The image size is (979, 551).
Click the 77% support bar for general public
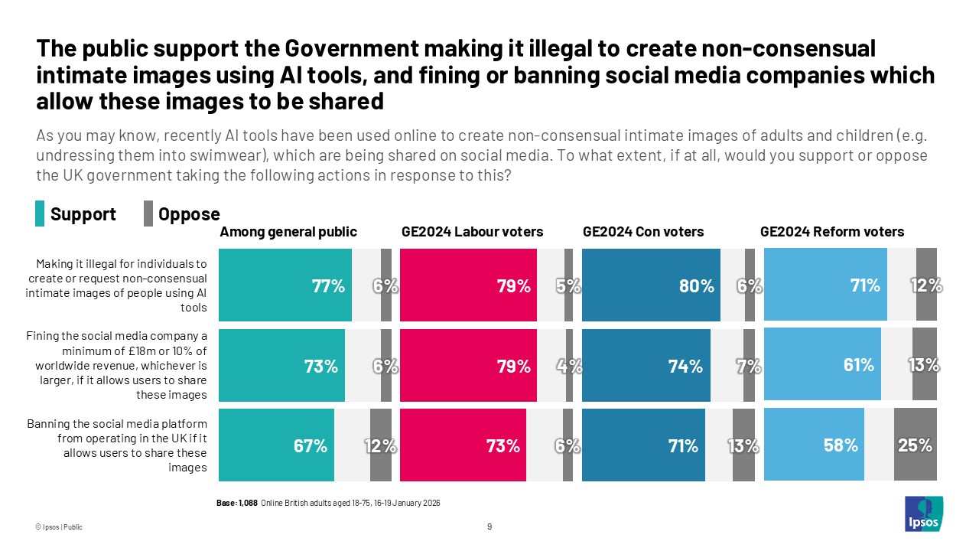click(285, 285)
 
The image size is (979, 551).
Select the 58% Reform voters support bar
click(814, 444)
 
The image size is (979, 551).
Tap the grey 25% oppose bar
click(916, 444)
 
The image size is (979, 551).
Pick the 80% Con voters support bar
click(651, 285)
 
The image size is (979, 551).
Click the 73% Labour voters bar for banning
click(463, 445)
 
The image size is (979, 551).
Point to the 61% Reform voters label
click(858, 365)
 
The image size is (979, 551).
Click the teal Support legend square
click(40, 214)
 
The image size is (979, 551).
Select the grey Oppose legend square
click(148, 214)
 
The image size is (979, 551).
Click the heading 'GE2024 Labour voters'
click(472, 232)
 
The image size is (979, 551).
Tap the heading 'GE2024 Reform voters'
click(831, 232)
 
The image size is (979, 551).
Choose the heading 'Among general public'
click(288, 232)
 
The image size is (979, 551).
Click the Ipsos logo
click(923, 514)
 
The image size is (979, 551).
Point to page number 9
click(489, 527)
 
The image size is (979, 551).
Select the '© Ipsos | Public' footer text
click(58, 527)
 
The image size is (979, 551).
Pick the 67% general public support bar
click(276, 445)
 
